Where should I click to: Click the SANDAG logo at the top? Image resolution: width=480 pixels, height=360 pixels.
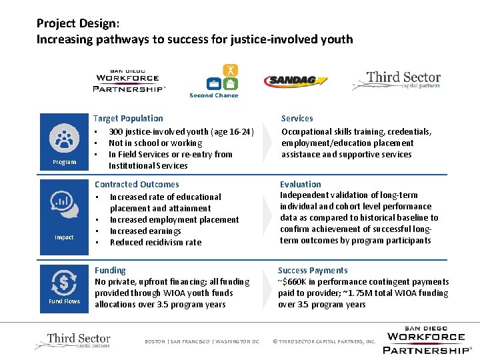(296, 81)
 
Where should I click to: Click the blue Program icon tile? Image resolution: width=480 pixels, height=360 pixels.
(65, 141)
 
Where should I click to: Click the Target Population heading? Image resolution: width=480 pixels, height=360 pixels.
(128, 118)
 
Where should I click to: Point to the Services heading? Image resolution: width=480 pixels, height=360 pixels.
(297, 118)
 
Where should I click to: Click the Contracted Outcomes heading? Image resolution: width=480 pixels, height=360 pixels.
(137, 184)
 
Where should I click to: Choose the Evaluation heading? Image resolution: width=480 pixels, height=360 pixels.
(300, 184)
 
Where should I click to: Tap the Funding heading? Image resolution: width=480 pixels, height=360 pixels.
(110, 270)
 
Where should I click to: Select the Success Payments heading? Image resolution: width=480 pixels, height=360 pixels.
(313, 270)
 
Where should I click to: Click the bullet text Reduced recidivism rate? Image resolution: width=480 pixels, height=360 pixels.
(155, 242)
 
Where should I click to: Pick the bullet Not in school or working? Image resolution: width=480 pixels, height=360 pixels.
(155, 143)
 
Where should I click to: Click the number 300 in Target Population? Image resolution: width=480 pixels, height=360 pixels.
(117, 131)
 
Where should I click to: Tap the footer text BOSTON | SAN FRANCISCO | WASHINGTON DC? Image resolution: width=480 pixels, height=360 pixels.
(202, 341)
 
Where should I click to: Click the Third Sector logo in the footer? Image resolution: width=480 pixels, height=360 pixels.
(73, 341)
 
